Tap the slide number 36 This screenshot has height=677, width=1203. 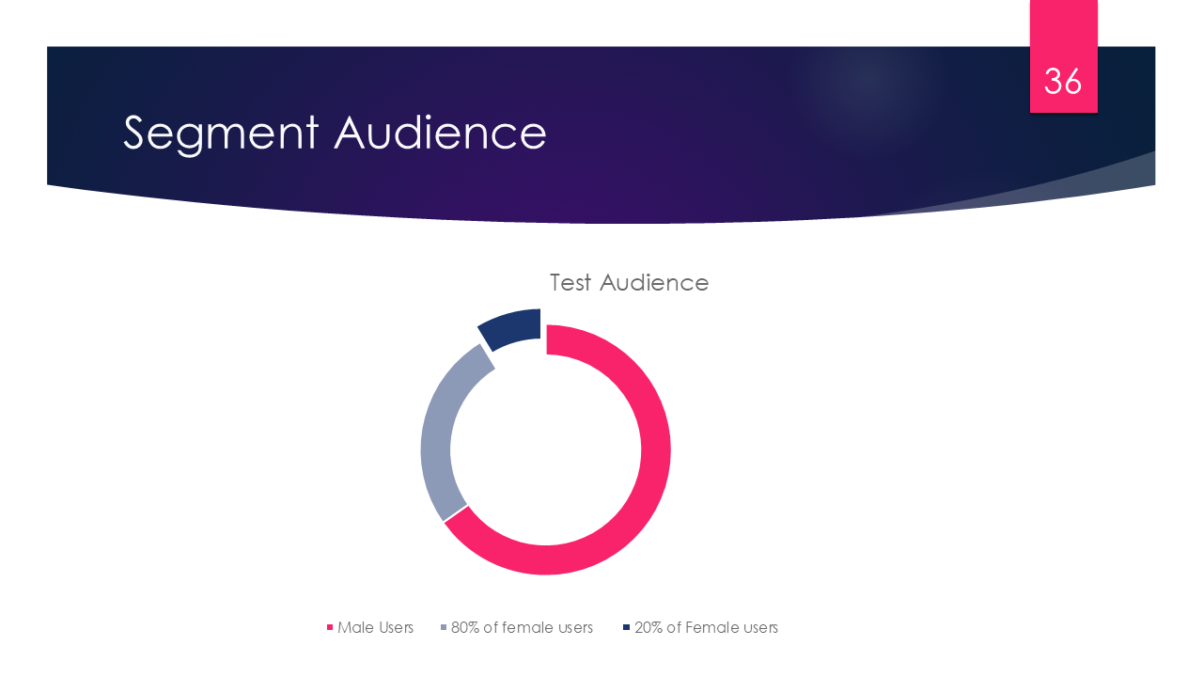click(x=1063, y=82)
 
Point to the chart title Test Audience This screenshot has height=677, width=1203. click(x=629, y=282)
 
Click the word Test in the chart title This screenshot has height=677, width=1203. click(x=571, y=282)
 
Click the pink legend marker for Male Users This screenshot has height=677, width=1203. click(x=330, y=627)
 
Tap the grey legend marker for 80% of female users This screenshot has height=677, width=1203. click(x=444, y=627)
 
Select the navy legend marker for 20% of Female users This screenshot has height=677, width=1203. click(x=626, y=627)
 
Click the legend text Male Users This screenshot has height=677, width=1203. click(x=375, y=627)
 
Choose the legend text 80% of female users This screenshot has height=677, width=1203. click(x=522, y=627)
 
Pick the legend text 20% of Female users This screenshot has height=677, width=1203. click(x=706, y=627)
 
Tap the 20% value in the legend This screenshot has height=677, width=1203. click(x=648, y=627)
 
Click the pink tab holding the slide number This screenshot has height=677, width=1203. click(x=1063, y=38)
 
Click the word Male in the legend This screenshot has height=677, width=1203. click(x=354, y=627)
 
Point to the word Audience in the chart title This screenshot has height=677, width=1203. click(x=654, y=282)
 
